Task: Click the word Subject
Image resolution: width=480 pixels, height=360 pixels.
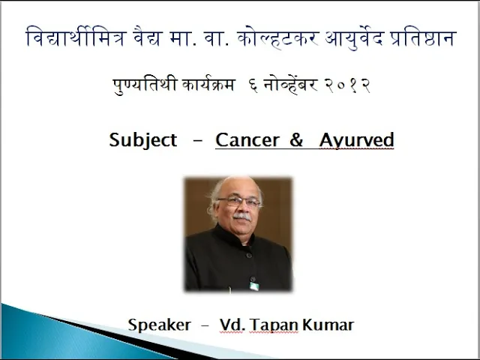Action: point(143,140)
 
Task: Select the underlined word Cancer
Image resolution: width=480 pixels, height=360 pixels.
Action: point(247,140)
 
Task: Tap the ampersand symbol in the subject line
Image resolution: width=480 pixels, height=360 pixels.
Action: point(296,139)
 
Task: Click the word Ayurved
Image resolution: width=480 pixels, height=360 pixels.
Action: point(356,140)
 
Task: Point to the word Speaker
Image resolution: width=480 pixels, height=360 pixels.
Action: point(160,325)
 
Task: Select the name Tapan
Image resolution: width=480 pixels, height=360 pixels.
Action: point(274,325)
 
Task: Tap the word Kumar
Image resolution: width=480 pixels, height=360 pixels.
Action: point(328,325)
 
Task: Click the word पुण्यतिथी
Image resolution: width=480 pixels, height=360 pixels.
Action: point(145,85)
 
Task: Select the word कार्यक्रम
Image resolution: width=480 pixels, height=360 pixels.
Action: point(208,85)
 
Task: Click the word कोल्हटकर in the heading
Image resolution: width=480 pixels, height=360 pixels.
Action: point(278,39)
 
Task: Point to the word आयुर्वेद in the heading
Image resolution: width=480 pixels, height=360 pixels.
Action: point(355,38)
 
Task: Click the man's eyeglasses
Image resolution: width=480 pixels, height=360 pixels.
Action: point(239,202)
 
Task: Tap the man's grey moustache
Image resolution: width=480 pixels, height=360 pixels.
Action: point(241,217)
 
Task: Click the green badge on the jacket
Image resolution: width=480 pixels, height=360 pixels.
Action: point(254,286)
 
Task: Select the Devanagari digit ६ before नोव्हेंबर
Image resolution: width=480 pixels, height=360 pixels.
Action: point(253,85)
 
